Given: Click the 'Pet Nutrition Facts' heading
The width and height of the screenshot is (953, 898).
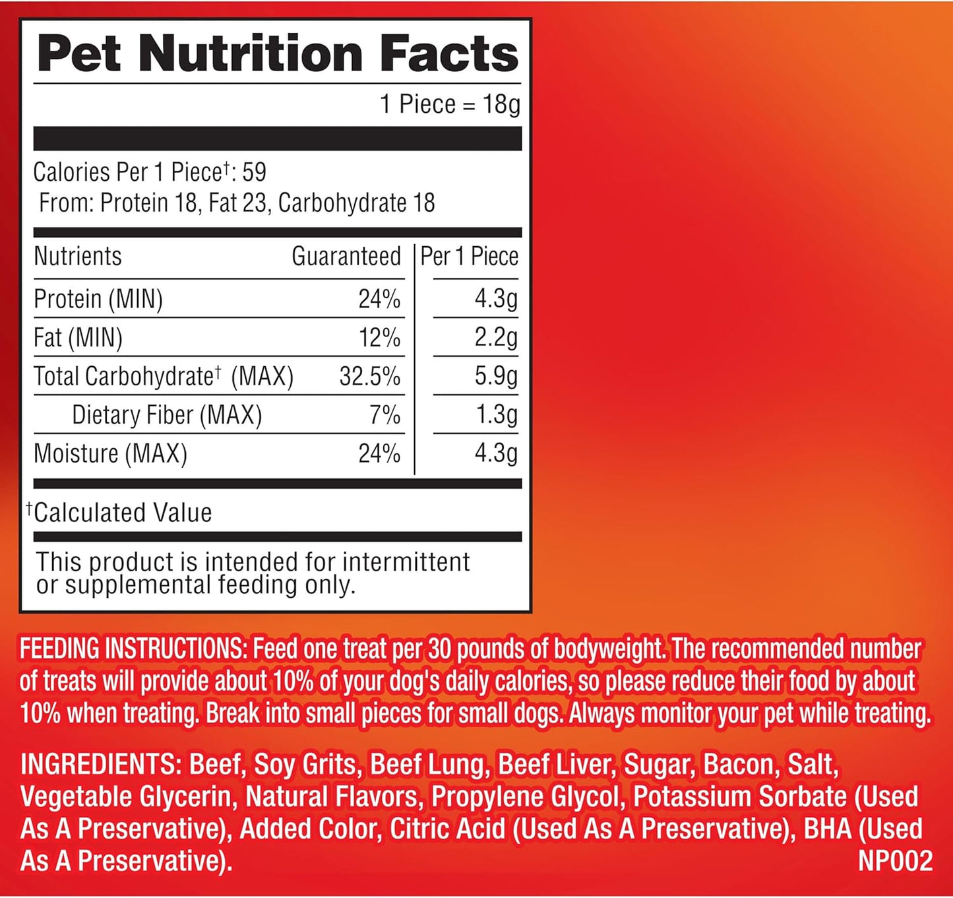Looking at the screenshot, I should coord(278,53).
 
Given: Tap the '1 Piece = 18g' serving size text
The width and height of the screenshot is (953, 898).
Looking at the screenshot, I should coord(450,104).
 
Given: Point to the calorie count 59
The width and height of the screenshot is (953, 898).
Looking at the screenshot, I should coord(254,172).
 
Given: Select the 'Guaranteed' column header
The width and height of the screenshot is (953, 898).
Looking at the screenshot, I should coord(346,256).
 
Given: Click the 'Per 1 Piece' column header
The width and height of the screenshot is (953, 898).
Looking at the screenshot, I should coord(469,256).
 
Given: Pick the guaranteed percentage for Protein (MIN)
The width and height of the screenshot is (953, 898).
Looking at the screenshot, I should coord(379,299).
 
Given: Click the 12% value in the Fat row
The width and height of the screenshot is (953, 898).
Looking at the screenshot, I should coord(379,338).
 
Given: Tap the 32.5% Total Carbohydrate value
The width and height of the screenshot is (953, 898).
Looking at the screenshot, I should coord(369,376).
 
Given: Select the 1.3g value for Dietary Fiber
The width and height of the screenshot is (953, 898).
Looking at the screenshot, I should coord(496,414).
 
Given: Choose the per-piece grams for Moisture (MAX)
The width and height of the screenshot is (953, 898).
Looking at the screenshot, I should coord(496,453).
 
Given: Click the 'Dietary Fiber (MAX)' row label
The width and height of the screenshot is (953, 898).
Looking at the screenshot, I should coord(167,415).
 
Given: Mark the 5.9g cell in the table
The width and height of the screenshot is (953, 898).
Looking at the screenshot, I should coord(496,376).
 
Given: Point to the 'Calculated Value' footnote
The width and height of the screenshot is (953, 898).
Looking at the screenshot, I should coord(123,513).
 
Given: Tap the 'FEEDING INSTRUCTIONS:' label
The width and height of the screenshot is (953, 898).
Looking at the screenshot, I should coord(132,649).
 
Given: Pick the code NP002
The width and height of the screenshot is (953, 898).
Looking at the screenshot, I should coord(895,861).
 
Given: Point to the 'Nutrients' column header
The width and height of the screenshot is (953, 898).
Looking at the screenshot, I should coord(78,256).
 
